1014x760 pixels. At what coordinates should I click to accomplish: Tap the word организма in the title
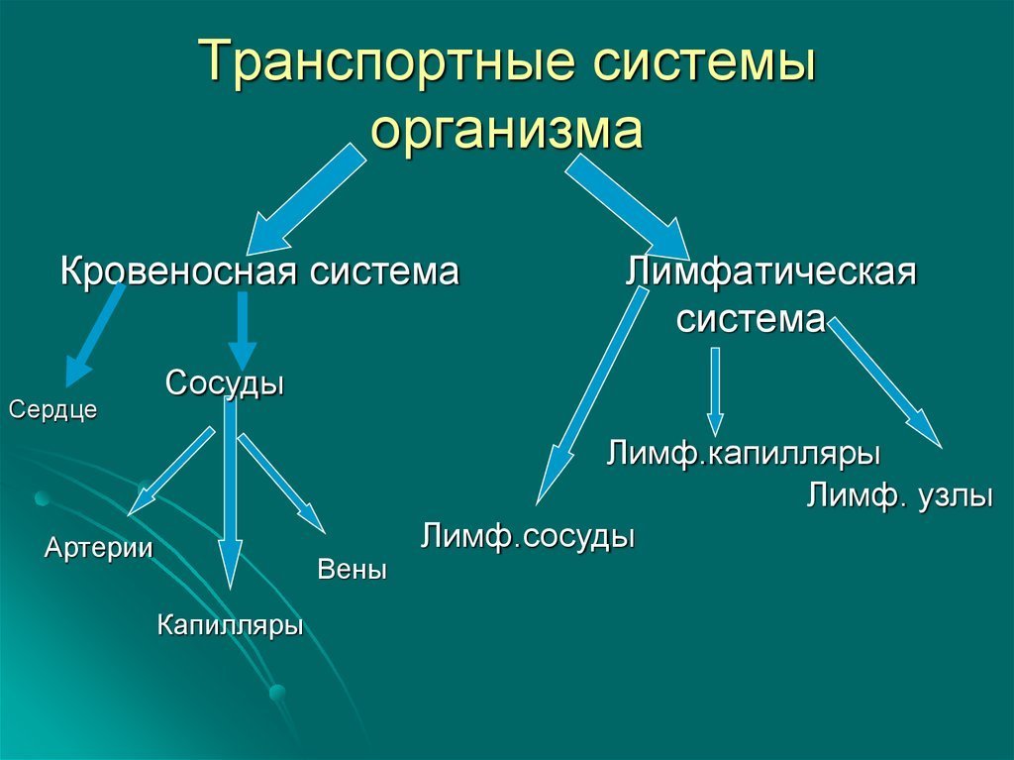(506, 129)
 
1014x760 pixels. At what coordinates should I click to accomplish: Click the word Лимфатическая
(770, 271)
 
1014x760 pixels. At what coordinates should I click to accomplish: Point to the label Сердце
(53, 410)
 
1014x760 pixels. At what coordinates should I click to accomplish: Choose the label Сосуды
(225, 382)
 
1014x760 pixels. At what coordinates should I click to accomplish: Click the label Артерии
(98, 548)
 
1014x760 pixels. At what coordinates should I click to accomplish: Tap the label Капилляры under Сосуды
(230, 624)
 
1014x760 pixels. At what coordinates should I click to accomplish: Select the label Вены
(353, 570)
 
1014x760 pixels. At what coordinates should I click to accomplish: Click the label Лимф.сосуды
(528, 537)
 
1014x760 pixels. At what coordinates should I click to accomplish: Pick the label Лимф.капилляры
(743, 453)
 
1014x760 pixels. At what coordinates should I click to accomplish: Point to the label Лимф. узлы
(899, 496)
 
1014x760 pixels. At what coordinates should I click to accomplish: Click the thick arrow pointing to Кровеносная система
(306, 199)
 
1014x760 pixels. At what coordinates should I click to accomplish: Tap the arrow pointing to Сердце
(94, 335)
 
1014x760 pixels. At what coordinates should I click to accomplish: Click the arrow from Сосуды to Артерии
(170, 472)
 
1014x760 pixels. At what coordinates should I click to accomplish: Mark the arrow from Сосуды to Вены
(282, 484)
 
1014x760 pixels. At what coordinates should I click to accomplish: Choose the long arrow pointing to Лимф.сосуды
(592, 395)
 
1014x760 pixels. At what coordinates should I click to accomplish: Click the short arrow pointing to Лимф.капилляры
(715, 391)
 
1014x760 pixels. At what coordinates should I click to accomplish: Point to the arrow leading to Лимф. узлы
(884, 382)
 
